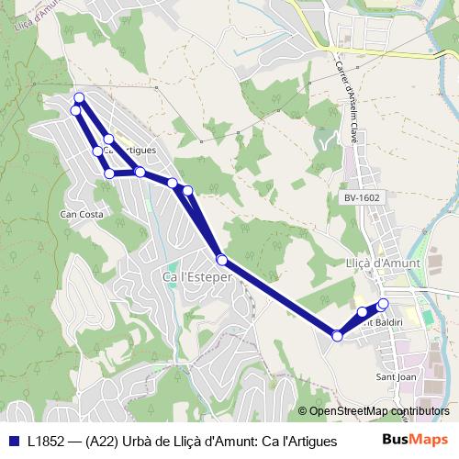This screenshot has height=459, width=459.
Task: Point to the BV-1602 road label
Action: (x=363, y=197)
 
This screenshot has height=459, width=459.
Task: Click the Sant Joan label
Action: (x=396, y=376)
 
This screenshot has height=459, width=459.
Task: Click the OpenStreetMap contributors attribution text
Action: (x=379, y=411)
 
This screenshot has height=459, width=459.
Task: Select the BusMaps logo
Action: (x=415, y=441)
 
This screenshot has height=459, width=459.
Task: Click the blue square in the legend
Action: (x=14, y=442)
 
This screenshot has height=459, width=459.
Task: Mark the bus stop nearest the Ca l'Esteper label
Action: (x=221, y=260)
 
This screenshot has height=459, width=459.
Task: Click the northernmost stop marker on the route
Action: (x=79, y=97)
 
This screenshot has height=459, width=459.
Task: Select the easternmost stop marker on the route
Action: (x=383, y=304)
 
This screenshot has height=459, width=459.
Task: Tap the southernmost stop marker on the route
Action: (x=337, y=337)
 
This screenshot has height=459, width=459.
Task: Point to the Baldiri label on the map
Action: (x=381, y=322)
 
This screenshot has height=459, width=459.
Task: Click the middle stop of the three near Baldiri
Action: (x=363, y=313)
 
